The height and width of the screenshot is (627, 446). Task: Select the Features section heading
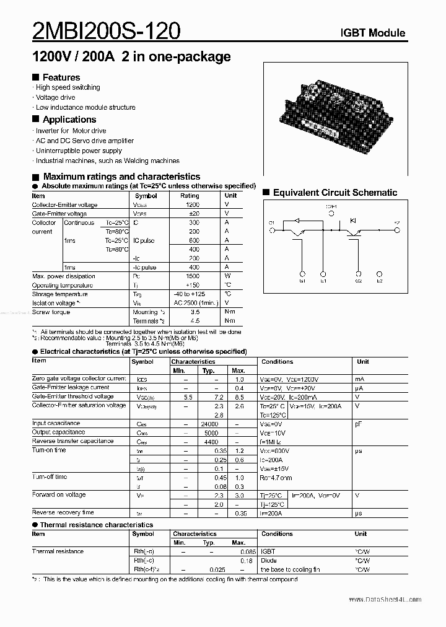[x=61, y=77]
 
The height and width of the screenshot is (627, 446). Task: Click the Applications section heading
[x=69, y=120]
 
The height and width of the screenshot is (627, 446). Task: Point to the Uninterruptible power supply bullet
[x=79, y=151]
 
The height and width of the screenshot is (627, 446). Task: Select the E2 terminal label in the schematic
[x=379, y=281]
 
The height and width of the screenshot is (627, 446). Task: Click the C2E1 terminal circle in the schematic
[x=331, y=214]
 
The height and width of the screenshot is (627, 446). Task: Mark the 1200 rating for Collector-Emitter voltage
[x=193, y=205]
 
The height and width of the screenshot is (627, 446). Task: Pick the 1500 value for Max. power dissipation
[x=193, y=276]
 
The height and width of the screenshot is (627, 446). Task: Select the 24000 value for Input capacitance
[x=211, y=424]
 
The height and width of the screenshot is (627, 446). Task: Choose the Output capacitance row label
[x=59, y=432]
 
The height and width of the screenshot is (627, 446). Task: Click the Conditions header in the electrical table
[x=277, y=361]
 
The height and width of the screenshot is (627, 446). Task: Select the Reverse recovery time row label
[x=63, y=513]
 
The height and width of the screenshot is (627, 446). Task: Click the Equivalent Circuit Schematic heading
[x=334, y=193]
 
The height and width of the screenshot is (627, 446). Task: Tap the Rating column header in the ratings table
[x=190, y=196]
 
